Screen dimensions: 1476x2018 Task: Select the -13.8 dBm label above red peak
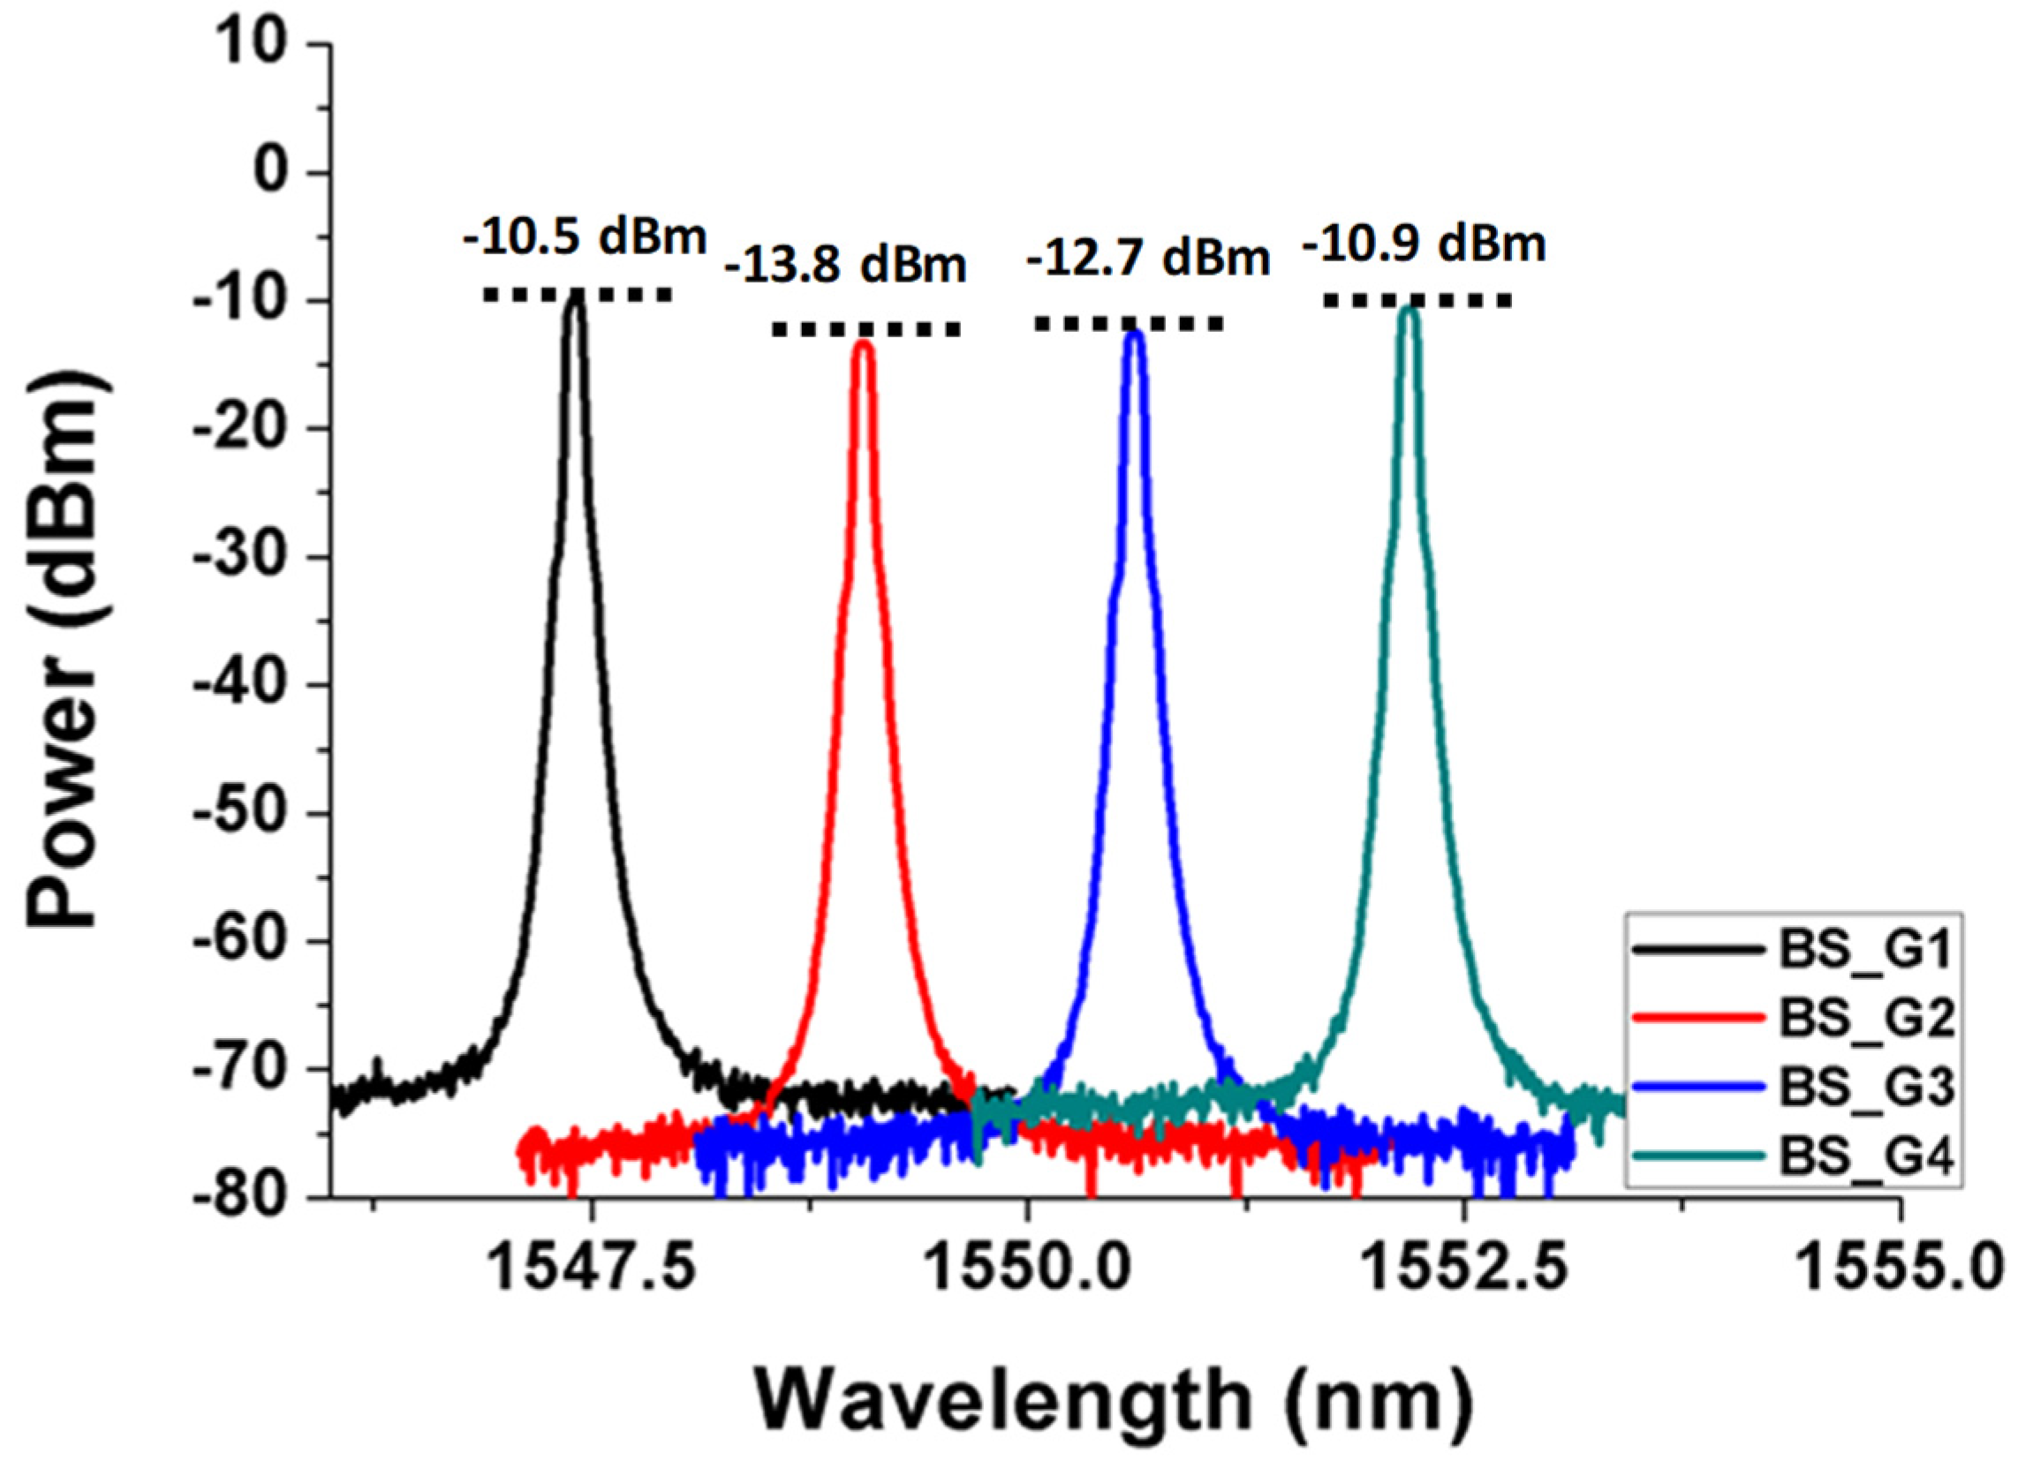(x=845, y=266)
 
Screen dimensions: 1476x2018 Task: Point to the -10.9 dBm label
(x=1423, y=243)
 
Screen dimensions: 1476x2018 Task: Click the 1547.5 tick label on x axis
(x=592, y=1269)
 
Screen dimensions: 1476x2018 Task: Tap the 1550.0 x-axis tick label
(x=1029, y=1269)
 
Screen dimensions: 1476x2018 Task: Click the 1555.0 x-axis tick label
(x=1899, y=1269)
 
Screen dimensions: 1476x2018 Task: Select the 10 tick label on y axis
(x=259, y=45)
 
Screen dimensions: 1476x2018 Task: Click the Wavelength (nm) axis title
(x=1114, y=1400)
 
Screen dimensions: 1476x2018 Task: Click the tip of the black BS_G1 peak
(x=577, y=299)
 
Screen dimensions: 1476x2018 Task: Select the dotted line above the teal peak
(x=1417, y=301)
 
